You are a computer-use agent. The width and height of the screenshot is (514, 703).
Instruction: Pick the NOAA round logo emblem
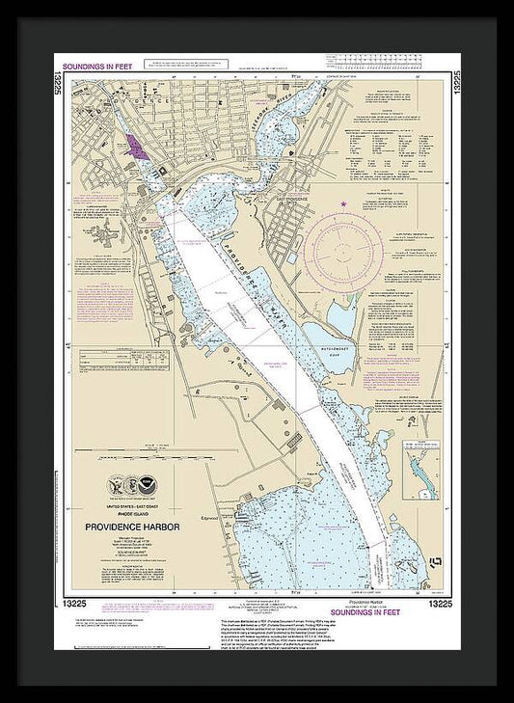(145, 487)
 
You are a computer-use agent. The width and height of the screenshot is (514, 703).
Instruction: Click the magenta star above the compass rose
(344, 203)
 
